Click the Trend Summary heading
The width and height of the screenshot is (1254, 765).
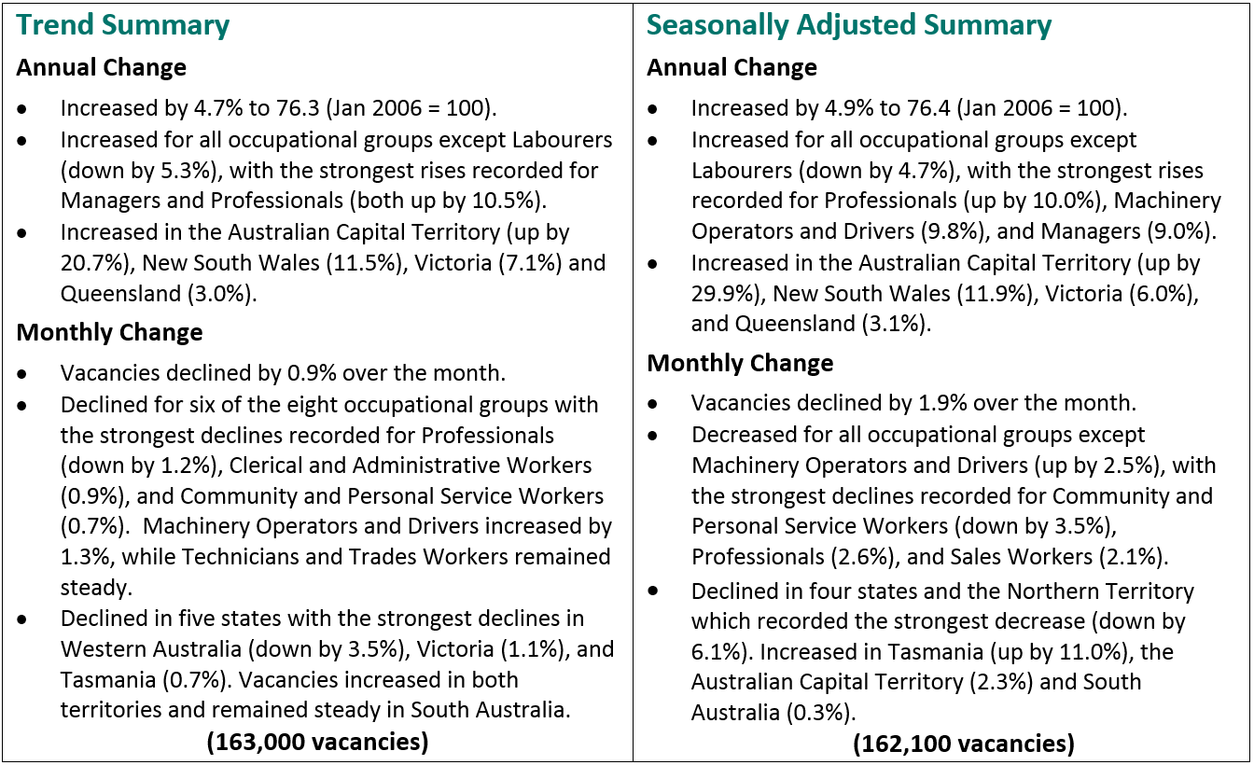click(123, 25)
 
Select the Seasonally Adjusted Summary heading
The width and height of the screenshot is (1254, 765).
click(849, 25)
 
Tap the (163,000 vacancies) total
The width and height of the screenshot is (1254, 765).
click(317, 742)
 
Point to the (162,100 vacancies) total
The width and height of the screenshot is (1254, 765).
click(963, 744)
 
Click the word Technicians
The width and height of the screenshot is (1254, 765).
click(236, 557)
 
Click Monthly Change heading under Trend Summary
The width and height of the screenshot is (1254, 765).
click(109, 333)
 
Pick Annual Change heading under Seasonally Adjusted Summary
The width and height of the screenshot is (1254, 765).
click(731, 68)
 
